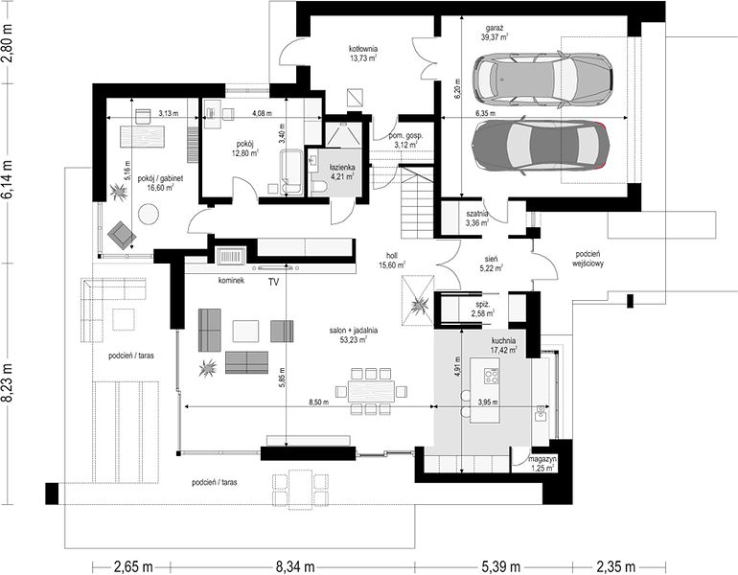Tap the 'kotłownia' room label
pyautogui.click(x=363, y=49)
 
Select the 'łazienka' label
pyautogui.click(x=342, y=167)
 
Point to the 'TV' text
pyautogui.click(x=273, y=283)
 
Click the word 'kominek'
pyautogui.click(x=231, y=281)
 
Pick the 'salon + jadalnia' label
pyautogui.click(x=353, y=331)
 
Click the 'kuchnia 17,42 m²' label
pyautogui.click(x=503, y=345)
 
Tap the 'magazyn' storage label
pyautogui.click(x=542, y=459)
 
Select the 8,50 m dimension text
pyautogui.click(x=319, y=402)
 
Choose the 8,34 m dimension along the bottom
pyautogui.click(x=295, y=566)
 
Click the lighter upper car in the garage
pyautogui.click(x=542, y=79)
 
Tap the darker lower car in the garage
pyautogui.click(x=541, y=146)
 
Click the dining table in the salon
pyautogui.click(x=371, y=391)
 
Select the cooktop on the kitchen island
pyautogui.click(x=492, y=376)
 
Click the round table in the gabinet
pyautogui.click(x=149, y=214)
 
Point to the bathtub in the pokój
pyautogui.click(x=290, y=172)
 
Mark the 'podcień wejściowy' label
pyautogui.click(x=588, y=259)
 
